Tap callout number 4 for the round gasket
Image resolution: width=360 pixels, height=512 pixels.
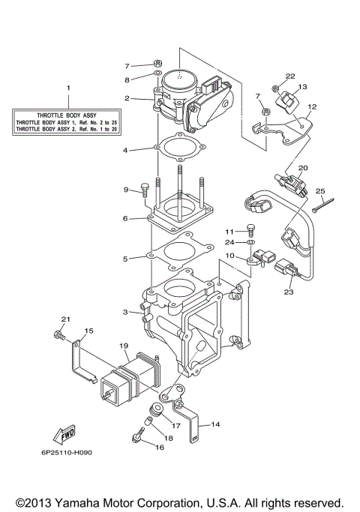tap(126, 150)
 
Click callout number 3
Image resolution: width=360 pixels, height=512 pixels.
tap(126, 312)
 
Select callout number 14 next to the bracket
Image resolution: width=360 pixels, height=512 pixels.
tap(215, 424)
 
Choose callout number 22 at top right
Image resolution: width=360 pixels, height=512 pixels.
tap(289, 76)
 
